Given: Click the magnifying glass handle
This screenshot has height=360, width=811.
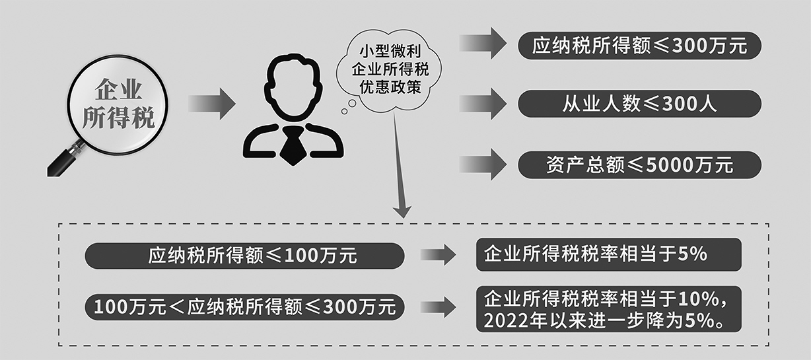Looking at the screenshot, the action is click(x=66, y=159).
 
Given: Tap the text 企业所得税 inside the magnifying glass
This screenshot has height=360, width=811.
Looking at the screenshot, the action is click(x=118, y=104).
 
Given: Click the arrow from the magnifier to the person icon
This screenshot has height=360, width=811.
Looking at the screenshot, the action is click(x=212, y=104).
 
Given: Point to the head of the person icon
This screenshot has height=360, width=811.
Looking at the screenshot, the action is click(x=293, y=87).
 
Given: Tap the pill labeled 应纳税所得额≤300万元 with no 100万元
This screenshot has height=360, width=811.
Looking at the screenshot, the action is click(x=639, y=46).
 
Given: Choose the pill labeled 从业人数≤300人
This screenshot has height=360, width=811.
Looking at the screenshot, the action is click(x=639, y=104).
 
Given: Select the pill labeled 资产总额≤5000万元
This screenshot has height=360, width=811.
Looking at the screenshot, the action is click(x=639, y=164).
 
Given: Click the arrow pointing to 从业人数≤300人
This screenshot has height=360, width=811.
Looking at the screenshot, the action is click(x=483, y=104).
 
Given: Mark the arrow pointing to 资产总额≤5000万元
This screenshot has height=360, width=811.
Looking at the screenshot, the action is click(x=483, y=164).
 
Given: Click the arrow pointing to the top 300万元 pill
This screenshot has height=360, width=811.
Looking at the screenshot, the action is click(x=483, y=43).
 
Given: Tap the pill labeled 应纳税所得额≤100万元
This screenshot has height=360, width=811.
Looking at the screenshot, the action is click(x=245, y=256).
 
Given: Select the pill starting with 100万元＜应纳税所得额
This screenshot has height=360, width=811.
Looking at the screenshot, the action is click(x=245, y=307).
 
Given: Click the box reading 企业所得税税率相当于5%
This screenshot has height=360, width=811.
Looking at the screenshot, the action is click(x=609, y=254).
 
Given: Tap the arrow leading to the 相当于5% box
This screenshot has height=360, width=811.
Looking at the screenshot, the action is click(x=438, y=254).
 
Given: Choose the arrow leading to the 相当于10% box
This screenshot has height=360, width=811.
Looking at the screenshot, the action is click(x=438, y=307).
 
